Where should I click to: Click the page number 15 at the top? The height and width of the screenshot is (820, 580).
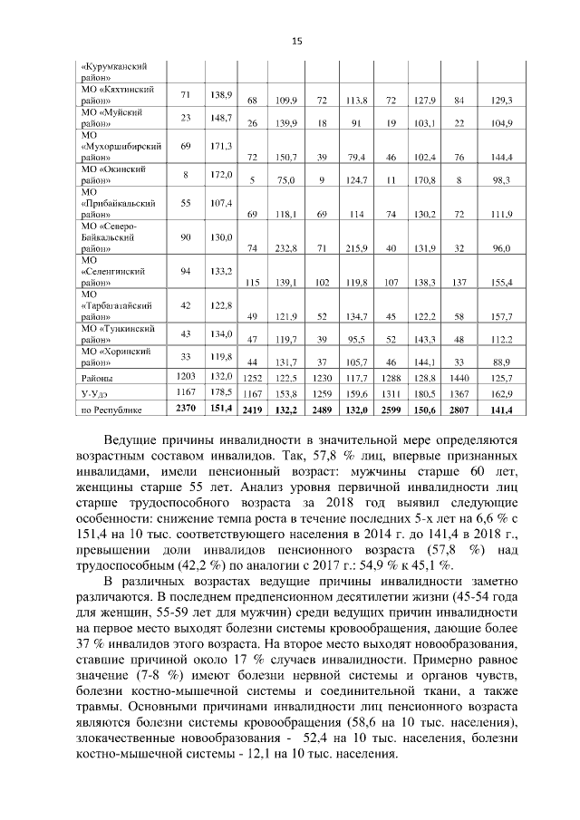click(295, 41)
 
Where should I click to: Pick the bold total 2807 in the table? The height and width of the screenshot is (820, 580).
click(459, 410)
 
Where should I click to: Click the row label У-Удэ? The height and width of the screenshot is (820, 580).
click(95, 393)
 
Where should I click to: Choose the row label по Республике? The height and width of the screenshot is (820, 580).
click(107, 410)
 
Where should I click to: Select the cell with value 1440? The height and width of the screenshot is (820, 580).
click(459, 377)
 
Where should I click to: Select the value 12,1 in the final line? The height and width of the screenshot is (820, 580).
click(228, 755)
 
